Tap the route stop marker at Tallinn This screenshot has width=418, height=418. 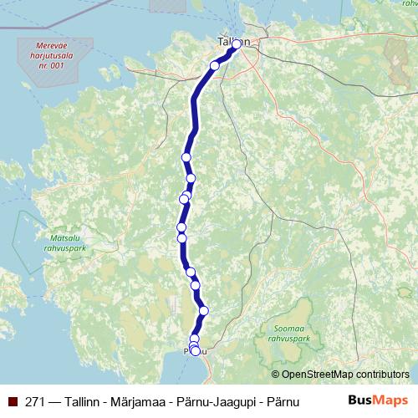coord(237,43)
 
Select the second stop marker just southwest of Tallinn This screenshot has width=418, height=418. coord(215,65)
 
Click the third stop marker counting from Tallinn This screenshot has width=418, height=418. coord(186,157)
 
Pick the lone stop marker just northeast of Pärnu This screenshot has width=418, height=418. coord(203,311)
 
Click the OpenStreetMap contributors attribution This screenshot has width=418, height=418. coord(340,375)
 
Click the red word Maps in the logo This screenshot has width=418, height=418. coord(392,400)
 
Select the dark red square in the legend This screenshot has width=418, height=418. coord(13,401)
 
